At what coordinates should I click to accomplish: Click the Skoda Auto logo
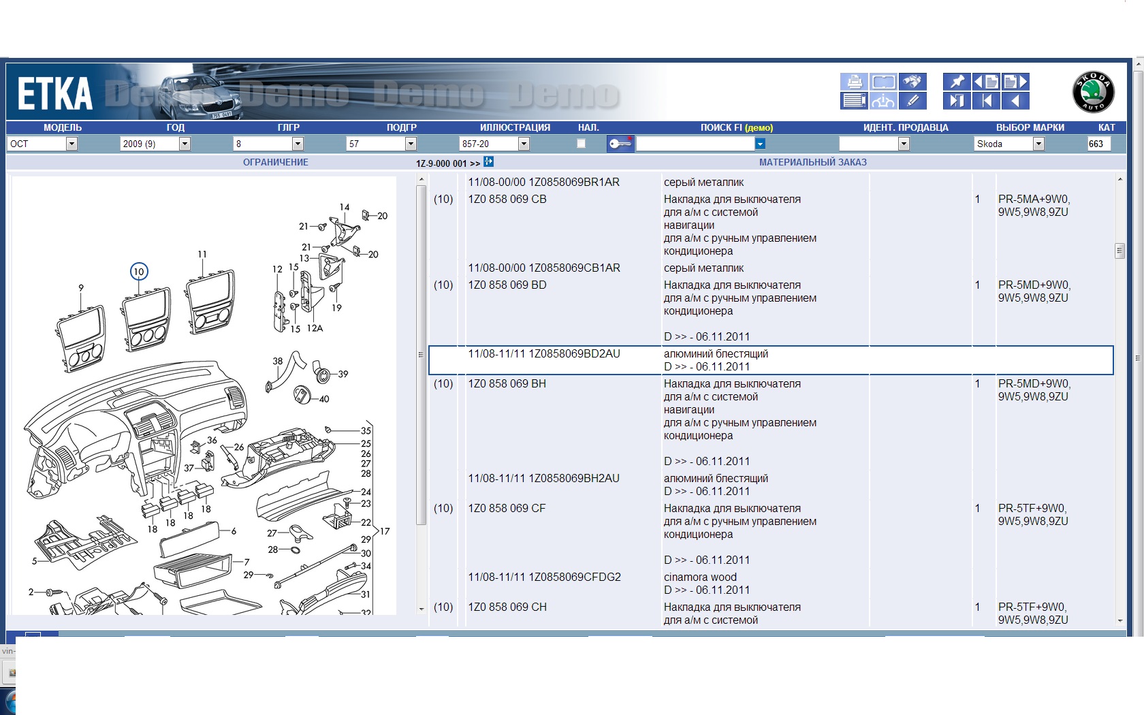click(x=1093, y=92)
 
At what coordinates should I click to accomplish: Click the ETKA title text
click(x=55, y=94)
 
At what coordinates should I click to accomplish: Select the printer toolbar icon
click(x=853, y=82)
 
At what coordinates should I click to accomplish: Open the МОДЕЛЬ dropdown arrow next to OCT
click(x=71, y=144)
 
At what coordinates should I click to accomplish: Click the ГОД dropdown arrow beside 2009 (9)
click(x=185, y=144)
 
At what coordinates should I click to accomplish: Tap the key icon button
click(x=620, y=144)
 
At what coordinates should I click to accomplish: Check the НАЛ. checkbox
click(x=582, y=144)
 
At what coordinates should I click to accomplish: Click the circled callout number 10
click(x=139, y=271)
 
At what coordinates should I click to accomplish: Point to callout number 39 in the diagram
click(x=343, y=374)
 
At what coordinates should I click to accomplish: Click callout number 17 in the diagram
click(x=385, y=531)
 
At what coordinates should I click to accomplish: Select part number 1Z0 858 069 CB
click(x=507, y=199)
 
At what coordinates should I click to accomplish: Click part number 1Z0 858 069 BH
click(x=507, y=383)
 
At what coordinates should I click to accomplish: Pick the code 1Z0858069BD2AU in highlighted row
click(x=574, y=353)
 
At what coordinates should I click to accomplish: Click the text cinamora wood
click(x=700, y=577)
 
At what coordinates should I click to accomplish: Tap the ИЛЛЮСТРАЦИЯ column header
click(x=515, y=127)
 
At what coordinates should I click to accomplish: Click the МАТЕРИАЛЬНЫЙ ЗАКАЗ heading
click(x=812, y=162)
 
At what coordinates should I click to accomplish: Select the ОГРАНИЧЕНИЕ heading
click(x=275, y=162)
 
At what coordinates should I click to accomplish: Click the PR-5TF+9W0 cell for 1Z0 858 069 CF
click(x=1032, y=508)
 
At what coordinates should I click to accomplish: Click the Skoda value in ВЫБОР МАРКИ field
click(x=989, y=144)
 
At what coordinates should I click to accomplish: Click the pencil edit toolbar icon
click(x=912, y=101)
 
